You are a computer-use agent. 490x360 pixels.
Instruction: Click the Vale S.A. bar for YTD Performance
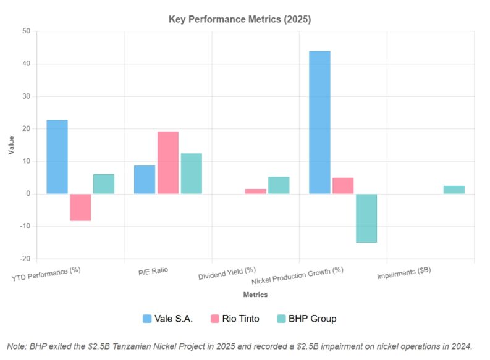point(57,157)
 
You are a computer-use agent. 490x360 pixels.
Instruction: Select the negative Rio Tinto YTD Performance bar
point(80,207)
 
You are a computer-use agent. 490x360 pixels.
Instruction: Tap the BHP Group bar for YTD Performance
point(104,183)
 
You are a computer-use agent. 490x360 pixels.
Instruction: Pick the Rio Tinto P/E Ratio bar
point(168,162)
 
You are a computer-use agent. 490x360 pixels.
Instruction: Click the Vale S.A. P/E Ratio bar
point(145,179)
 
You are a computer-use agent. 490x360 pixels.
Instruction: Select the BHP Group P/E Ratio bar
point(191,173)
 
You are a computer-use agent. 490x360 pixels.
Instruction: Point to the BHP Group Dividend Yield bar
point(279,185)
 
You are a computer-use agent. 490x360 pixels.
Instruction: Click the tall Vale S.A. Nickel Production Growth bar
point(319,122)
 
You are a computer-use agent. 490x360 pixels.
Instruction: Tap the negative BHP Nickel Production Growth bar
point(366,218)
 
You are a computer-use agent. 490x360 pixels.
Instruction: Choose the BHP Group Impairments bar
point(454,190)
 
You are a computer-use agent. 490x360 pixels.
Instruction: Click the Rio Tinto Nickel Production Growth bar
point(343,185)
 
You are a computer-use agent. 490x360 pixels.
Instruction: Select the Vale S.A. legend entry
point(167,319)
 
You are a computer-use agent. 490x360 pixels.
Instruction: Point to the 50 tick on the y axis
point(25,31)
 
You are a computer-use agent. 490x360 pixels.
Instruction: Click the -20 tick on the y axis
point(24,259)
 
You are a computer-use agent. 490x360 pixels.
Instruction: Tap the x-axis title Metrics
point(255,295)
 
